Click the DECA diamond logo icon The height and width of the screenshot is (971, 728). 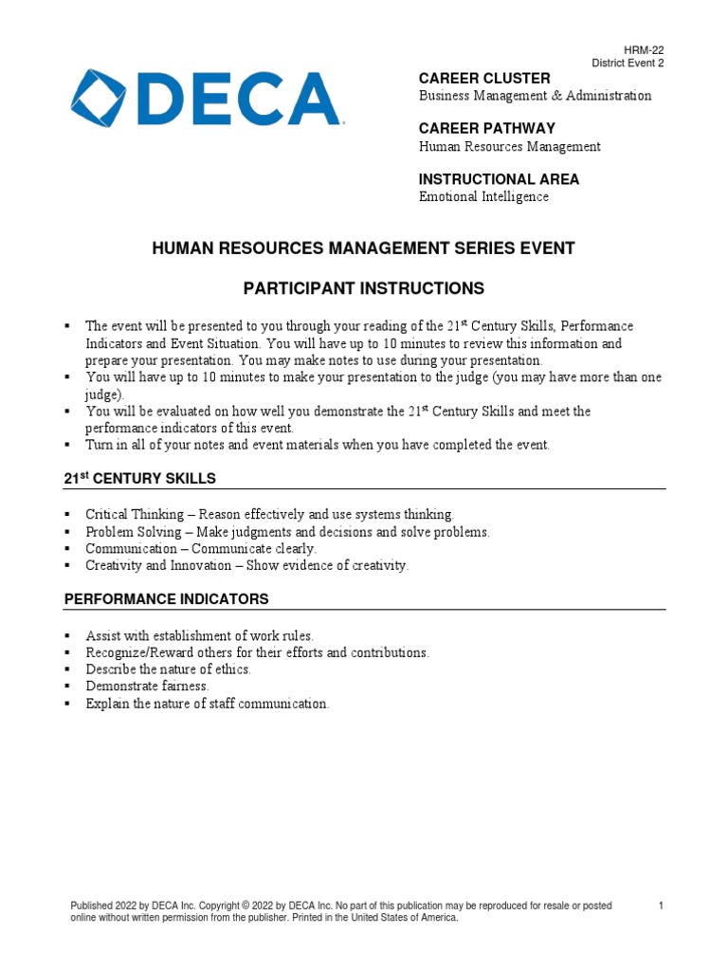pyautogui.click(x=102, y=98)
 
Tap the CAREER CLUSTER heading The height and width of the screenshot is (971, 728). pyautogui.click(x=484, y=78)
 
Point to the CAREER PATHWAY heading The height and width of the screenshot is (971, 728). pyautogui.click(x=487, y=128)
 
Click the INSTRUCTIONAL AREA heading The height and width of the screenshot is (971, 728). pyautogui.click(x=499, y=179)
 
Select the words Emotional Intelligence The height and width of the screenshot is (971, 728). pyautogui.click(x=483, y=197)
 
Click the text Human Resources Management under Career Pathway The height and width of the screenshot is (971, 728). pyautogui.click(x=510, y=146)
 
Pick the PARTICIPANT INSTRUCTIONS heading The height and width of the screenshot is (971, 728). pyautogui.click(x=364, y=288)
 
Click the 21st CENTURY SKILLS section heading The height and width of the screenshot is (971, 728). pyautogui.click(x=139, y=478)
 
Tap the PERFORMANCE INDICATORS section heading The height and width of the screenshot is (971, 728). pyautogui.click(x=166, y=599)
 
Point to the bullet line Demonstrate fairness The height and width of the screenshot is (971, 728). pyautogui.click(x=147, y=686)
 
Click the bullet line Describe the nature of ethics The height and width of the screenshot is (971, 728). pyautogui.click(x=168, y=669)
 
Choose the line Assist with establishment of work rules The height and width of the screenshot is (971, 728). pyautogui.click(x=199, y=635)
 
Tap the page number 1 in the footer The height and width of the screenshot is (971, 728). pyautogui.click(x=661, y=907)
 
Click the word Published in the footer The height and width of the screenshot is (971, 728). pyautogui.click(x=93, y=907)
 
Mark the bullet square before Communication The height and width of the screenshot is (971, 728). pyautogui.click(x=67, y=549)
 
